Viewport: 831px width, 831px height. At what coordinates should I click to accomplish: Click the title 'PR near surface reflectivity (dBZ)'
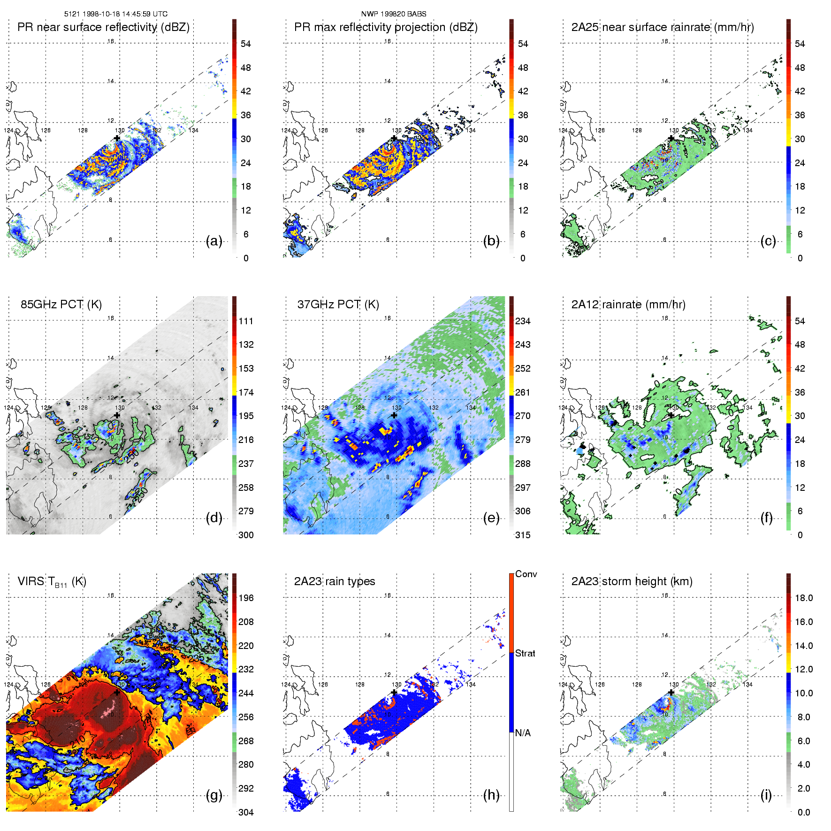[103, 27]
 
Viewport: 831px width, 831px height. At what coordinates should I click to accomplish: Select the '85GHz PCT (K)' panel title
[61, 305]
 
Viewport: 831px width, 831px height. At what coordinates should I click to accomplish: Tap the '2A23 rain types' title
[335, 581]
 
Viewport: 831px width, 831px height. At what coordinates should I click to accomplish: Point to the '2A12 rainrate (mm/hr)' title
[628, 305]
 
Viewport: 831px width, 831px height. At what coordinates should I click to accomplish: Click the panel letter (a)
[214, 241]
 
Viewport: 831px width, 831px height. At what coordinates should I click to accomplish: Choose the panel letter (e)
[491, 518]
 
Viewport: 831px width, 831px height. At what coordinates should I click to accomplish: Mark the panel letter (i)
[766, 795]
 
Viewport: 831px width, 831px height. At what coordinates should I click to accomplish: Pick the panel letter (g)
[214, 795]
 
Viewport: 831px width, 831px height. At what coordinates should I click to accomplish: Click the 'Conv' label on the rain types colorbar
[526, 574]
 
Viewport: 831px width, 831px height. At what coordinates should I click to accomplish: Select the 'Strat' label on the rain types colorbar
[525, 653]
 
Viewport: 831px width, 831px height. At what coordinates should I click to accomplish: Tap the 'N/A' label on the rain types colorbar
[523, 733]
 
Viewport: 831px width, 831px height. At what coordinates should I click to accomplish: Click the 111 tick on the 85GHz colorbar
[246, 321]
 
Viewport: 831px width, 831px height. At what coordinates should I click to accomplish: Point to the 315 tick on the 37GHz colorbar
[523, 535]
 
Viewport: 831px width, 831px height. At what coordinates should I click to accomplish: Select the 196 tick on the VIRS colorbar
[246, 598]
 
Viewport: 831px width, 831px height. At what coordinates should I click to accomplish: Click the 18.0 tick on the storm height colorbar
[804, 598]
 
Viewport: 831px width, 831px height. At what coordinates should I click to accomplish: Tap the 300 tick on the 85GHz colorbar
[246, 535]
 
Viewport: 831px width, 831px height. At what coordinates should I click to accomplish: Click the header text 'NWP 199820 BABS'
[394, 14]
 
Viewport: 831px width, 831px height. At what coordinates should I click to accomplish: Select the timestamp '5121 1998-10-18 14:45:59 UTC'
[116, 14]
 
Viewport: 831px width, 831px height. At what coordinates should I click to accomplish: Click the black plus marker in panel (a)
[117, 138]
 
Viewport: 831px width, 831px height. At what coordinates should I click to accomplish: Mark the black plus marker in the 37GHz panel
[394, 415]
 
